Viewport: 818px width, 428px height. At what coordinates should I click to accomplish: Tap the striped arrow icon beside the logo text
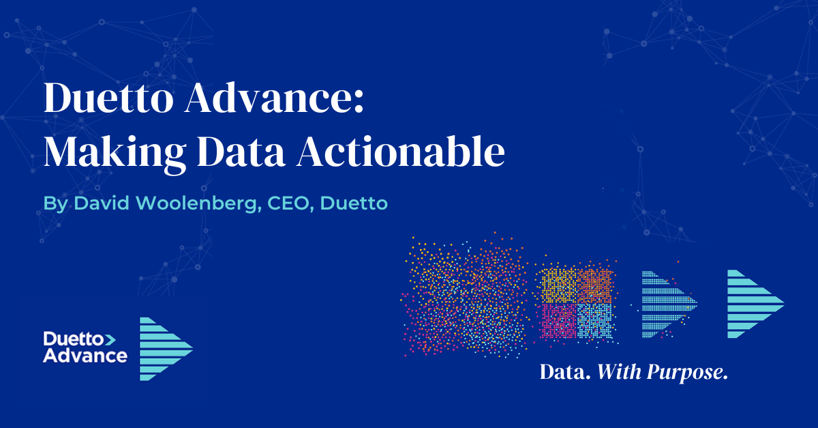click(165, 349)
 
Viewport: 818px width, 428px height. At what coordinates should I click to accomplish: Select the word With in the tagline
click(618, 373)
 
